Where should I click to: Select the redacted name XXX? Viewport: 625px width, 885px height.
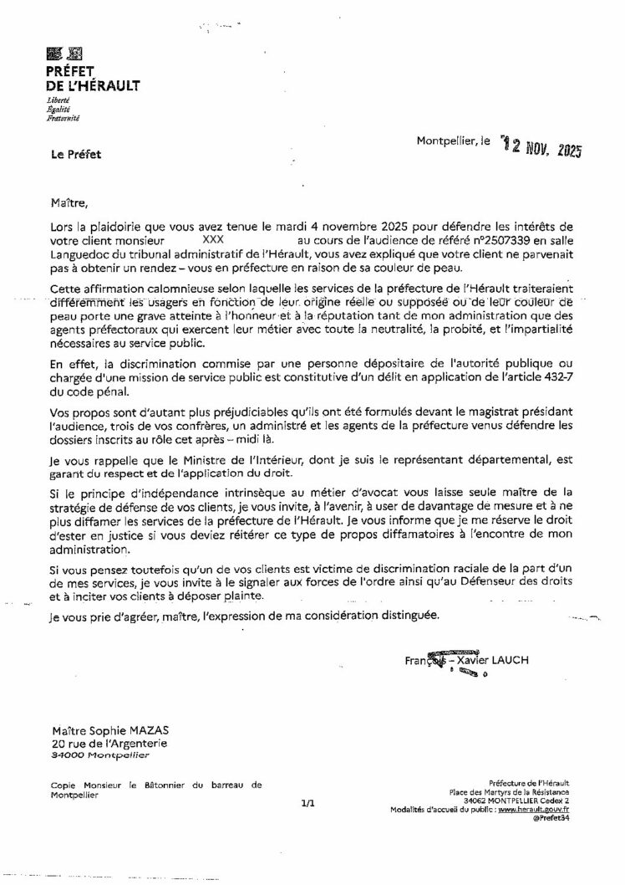point(213,238)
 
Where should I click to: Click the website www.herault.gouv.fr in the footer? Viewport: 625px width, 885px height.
point(540,810)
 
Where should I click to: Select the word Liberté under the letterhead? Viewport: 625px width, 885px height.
point(58,101)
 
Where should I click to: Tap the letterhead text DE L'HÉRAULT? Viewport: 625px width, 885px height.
point(93,85)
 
